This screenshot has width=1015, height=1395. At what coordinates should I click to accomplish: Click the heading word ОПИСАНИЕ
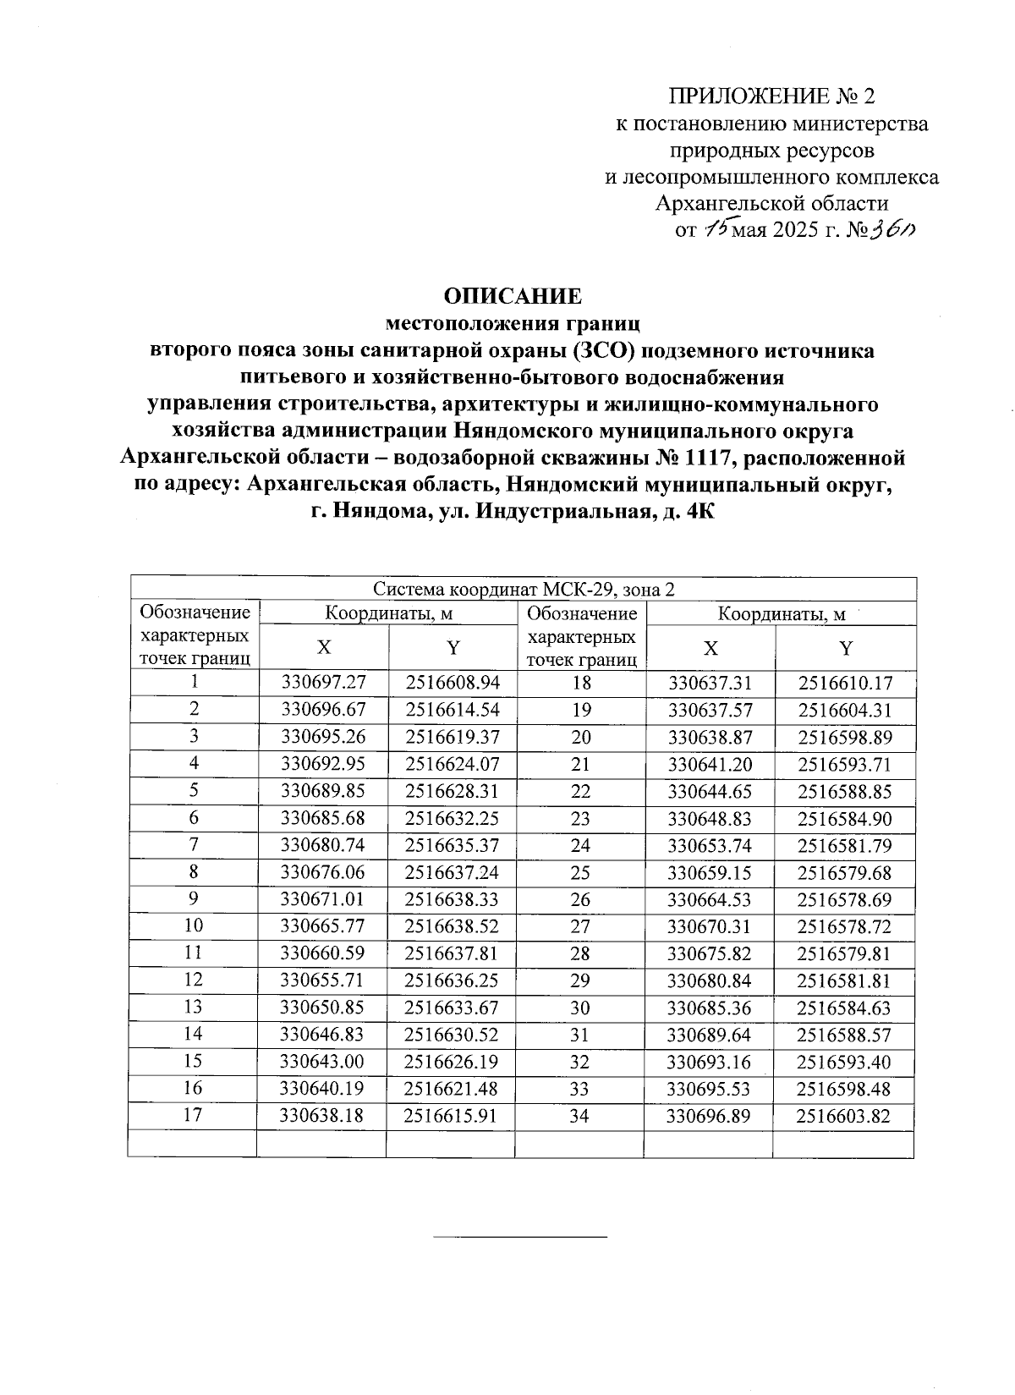(x=513, y=296)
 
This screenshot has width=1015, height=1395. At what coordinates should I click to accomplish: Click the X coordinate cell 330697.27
(x=322, y=683)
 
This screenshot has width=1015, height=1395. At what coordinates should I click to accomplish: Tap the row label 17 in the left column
(x=194, y=1115)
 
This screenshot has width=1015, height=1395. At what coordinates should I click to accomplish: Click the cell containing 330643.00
(x=322, y=1062)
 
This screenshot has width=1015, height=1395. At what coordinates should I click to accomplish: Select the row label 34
(x=579, y=1116)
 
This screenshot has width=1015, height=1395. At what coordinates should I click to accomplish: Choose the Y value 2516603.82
(x=844, y=1116)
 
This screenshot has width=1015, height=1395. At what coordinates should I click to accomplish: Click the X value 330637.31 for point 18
(x=709, y=683)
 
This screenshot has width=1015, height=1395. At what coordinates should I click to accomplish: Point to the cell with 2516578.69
(x=844, y=899)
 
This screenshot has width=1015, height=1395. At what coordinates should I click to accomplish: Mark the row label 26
(x=579, y=899)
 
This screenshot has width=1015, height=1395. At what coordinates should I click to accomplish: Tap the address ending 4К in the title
(x=699, y=512)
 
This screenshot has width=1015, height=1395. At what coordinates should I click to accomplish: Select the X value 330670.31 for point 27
(x=709, y=926)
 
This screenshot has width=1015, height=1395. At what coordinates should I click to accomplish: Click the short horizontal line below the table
(x=519, y=1238)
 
